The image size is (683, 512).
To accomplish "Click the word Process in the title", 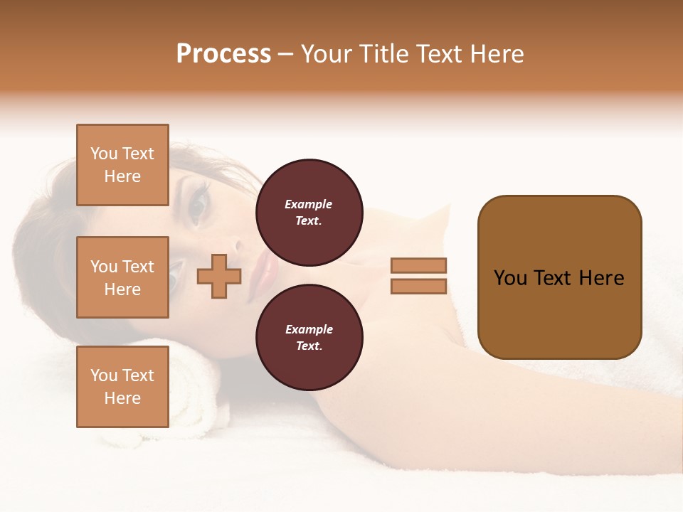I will click(223, 54).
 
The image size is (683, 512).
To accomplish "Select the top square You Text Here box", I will click(122, 165).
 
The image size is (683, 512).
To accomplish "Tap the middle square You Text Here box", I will click(122, 277).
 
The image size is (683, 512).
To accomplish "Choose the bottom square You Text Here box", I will click(122, 387).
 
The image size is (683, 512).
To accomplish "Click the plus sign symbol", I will click(219, 276).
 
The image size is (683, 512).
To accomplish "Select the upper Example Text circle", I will click(309, 212).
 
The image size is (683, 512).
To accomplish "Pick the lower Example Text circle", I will click(309, 337).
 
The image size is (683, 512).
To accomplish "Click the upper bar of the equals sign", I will click(418, 265).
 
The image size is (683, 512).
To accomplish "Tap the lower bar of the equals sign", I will click(418, 286).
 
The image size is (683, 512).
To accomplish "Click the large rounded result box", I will click(559, 277).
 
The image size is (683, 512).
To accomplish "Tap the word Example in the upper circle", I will click(308, 204).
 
